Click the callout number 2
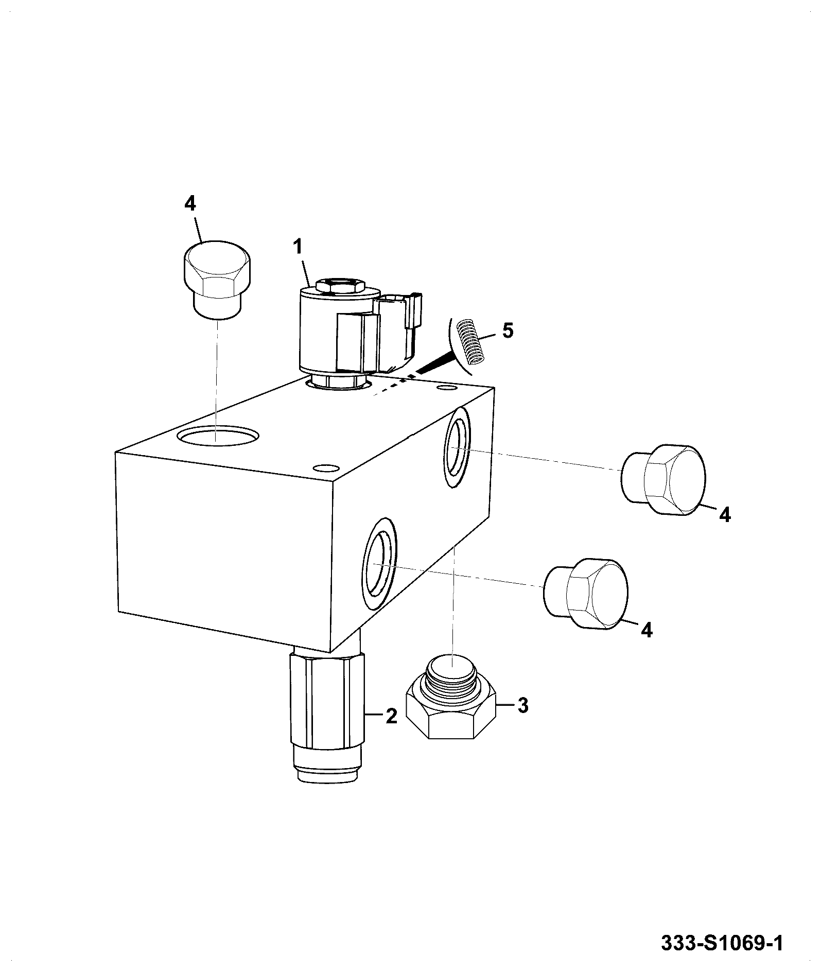[392, 716]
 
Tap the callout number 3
[522, 705]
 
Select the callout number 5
[508, 331]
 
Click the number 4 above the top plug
[190, 204]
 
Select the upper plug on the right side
[662, 478]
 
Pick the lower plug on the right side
[586, 593]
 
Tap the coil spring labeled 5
[470, 341]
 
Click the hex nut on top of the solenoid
[340, 285]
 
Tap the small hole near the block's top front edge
[326, 468]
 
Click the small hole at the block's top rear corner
[446, 386]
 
